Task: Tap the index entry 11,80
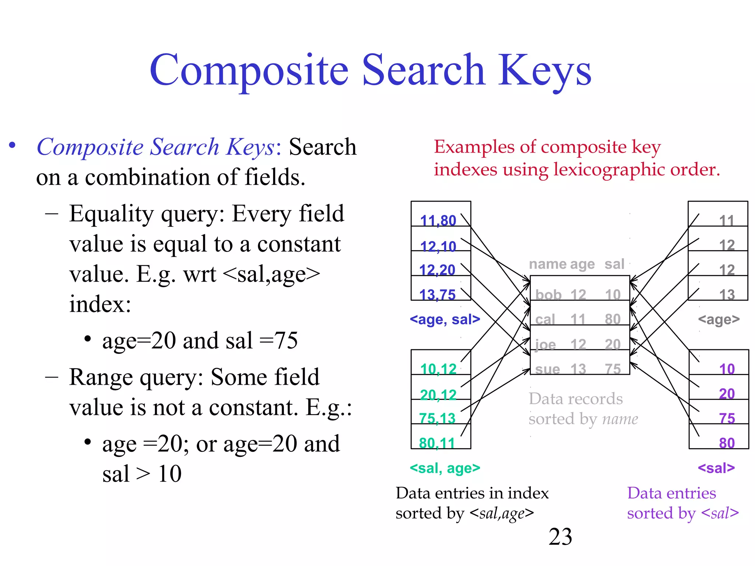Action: point(438,221)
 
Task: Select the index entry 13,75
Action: point(437,295)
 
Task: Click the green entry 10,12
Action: point(438,369)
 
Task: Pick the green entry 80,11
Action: point(437,443)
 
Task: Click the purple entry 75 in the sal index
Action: point(727,419)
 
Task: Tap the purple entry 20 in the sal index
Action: point(727,394)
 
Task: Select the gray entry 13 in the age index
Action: point(727,295)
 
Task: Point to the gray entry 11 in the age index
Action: point(727,221)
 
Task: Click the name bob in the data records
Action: point(548,295)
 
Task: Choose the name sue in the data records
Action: point(547,369)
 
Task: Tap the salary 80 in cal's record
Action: point(613,319)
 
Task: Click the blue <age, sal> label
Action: point(445,319)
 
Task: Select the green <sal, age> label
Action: point(445,468)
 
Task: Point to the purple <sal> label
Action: point(716,468)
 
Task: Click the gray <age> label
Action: point(719,319)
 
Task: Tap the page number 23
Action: point(560,537)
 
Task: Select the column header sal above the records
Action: point(614,264)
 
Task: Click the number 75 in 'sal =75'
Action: point(286,340)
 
